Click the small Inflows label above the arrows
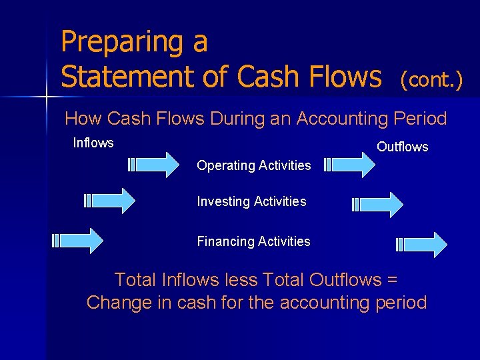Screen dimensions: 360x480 click(x=93, y=143)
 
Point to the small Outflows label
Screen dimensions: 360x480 click(x=403, y=147)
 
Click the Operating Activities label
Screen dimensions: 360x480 click(x=254, y=165)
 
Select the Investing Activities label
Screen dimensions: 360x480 click(x=251, y=201)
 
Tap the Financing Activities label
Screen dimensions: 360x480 click(x=253, y=241)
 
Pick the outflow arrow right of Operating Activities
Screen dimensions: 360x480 click(x=349, y=165)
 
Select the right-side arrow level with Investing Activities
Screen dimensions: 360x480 click(x=377, y=204)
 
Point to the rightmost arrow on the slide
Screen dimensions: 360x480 click(x=422, y=245)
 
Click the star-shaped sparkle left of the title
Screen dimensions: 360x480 click(x=46, y=97)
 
